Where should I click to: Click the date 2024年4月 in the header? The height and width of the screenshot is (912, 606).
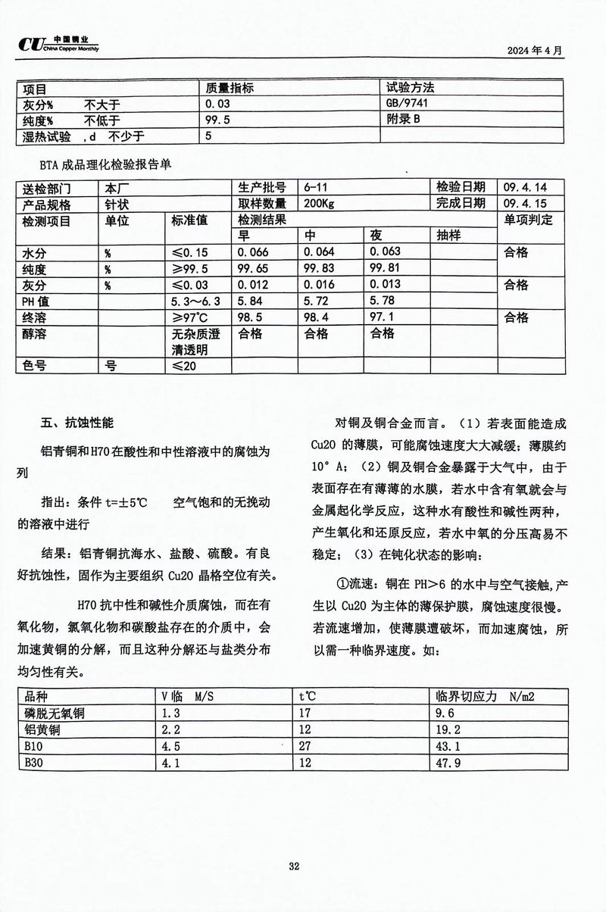pyautogui.click(x=535, y=52)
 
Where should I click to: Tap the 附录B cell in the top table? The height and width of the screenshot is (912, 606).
pyautogui.click(x=403, y=120)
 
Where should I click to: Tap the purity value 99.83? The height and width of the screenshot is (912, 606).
pyautogui.click(x=318, y=269)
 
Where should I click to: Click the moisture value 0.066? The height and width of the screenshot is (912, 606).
pyautogui.click(x=253, y=252)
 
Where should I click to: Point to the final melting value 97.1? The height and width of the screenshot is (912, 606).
pyautogui.click(x=383, y=317)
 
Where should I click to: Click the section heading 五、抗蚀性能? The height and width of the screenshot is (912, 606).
pyautogui.click(x=78, y=422)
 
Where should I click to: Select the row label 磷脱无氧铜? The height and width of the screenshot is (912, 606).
pyautogui.click(x=55, y=713)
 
